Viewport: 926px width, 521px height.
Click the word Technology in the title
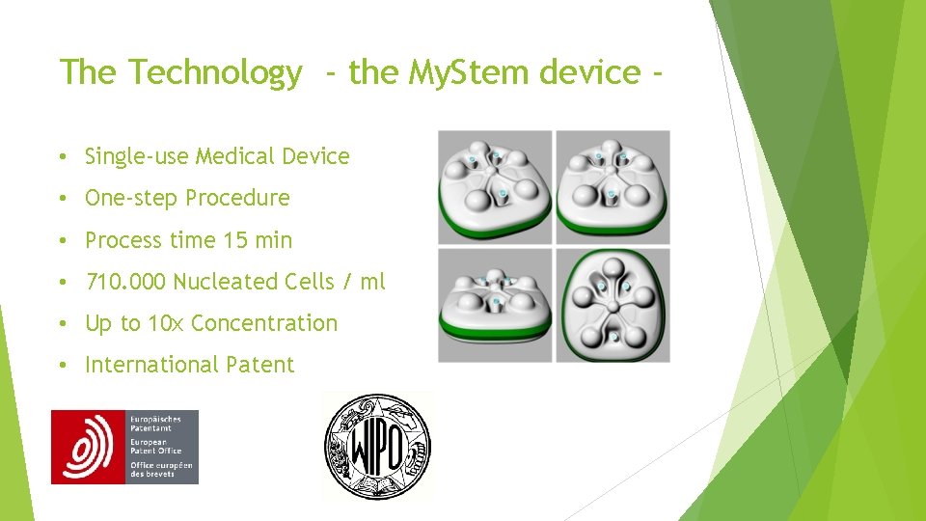pos(214,73)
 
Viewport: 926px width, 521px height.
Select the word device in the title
pos(590,73)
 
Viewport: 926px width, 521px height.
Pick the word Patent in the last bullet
pos(259,365)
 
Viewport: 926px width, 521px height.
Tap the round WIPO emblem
pos(377,446)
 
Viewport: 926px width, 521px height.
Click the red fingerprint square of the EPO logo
pos(88,447)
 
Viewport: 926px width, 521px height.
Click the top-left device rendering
pos(495,187)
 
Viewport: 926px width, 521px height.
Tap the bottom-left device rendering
pos(495,305)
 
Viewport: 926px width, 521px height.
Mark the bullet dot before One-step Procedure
pos(61,199)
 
